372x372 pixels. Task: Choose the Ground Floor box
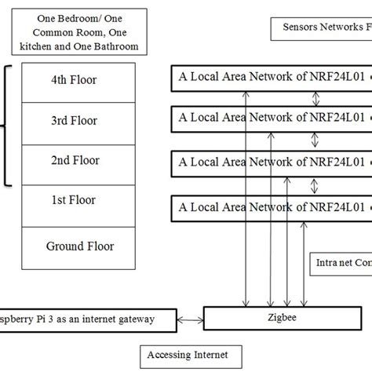click(79, 246)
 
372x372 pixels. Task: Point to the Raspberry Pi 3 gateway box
click(86, 319)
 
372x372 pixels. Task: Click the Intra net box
click(341, 263)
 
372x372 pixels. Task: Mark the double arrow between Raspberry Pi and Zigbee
click(189, 319)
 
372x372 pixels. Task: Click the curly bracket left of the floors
click(8, 126)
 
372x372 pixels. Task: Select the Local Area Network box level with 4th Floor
click(271, 78)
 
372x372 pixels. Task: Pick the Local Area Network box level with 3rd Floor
click(271, 120)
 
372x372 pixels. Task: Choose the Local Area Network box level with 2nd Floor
click(271, 164)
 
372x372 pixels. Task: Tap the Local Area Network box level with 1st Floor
click(271, 207)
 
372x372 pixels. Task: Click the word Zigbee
click(288, 319)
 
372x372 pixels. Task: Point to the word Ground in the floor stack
click(63, 246)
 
